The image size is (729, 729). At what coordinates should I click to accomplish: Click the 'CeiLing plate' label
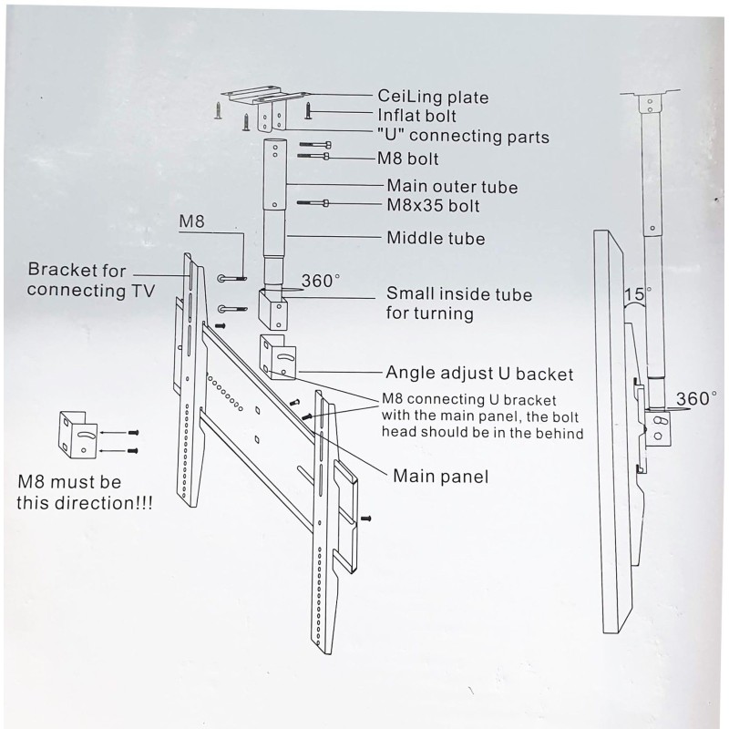pos(433,98)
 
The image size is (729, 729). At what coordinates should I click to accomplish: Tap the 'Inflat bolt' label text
pos(416,117)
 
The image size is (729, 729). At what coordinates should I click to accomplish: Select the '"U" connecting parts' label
pos(463,137)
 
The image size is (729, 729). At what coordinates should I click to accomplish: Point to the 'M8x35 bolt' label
pos(433,206)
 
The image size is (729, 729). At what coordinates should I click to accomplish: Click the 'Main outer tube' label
pos(452,187)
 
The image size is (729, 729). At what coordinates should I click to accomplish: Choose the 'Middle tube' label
pos(436,239)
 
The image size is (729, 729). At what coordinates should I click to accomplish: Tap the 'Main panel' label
pos(440,476)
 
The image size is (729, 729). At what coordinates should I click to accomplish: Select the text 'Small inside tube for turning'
pos(458,303)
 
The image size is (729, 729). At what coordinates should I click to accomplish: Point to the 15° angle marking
pos(638,294)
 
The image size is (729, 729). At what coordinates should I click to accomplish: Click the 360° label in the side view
pos(696,398)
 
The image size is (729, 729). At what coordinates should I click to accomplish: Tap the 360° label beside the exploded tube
pos(320,282)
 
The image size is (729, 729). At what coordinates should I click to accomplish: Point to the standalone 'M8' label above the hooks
pos(191,221)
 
